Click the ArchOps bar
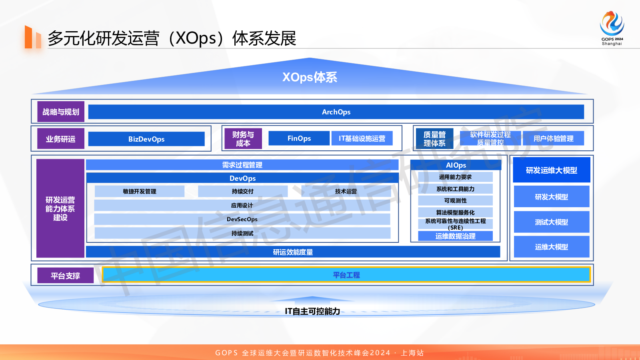coord(336,112)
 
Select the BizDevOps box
coord(146,139)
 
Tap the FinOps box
coord(299,138)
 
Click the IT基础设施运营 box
coord(362,138)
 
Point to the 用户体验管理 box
coord(553,138)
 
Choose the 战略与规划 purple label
coord(61,112)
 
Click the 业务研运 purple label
coord(61,139)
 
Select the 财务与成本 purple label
coord(243,139)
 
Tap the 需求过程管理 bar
coord(242,165)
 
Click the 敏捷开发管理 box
coord(140,191)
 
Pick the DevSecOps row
coord(242,219)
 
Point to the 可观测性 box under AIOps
coord(455,200)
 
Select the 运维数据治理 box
coord(455,236)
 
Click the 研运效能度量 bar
coord(293,252)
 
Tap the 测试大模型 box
coord(551,222)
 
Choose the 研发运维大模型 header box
coord(551,170)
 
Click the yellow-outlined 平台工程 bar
coord(346,275)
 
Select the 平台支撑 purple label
coord(65,276)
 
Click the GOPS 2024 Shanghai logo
coord(612,28)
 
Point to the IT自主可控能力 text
coord(312,311)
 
